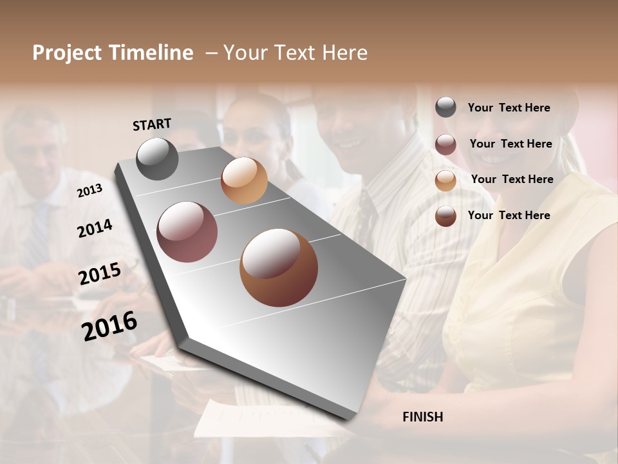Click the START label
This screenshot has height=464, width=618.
152,124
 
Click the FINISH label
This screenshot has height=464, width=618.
423,417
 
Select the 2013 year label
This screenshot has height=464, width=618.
89,191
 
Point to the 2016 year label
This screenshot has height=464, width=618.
109,326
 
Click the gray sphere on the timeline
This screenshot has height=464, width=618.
158,159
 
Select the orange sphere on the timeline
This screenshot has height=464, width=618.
244,180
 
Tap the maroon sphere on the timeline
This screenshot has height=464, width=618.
187,232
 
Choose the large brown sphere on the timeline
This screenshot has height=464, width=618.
279,267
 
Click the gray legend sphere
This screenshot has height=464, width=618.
445,107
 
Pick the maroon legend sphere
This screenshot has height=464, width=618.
445,144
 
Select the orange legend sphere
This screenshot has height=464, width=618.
445,180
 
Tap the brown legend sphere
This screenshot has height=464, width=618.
445,216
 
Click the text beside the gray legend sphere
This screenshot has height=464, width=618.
509,108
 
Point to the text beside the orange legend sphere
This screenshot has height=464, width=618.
512,179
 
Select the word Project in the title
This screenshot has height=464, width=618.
67,53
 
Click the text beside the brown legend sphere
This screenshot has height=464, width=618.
509,215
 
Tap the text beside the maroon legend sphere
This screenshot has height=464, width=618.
511,144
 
